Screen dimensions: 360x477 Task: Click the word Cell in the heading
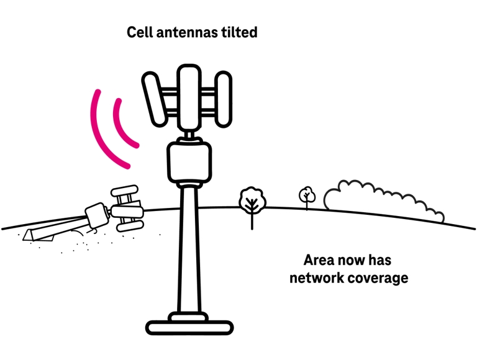coord(140,32)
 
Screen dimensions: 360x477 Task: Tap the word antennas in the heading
coord(184,32)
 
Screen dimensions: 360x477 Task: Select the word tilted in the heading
coord(238,32)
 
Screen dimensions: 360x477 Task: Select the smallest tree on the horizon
coord(307,195)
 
